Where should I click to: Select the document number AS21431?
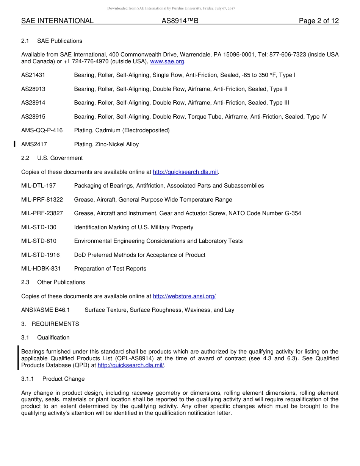33,75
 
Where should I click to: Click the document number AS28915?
33,117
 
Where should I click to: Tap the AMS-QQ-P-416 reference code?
42,130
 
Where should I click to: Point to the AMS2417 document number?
34,144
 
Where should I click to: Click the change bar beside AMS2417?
14,144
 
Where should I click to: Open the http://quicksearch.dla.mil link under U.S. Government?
185,172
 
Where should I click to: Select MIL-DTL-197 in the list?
39,186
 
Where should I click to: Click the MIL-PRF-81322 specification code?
42,200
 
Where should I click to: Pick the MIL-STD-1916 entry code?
41,255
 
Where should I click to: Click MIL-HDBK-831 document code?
41,269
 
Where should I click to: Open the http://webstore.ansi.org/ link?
184,296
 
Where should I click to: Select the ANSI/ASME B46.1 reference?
45,310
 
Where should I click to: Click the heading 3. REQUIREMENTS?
50,324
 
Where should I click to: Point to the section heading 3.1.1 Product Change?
53,379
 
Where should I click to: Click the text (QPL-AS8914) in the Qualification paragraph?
134,358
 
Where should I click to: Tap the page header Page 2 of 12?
319,21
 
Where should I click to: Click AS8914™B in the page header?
180,21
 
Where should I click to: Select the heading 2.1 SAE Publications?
52,41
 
